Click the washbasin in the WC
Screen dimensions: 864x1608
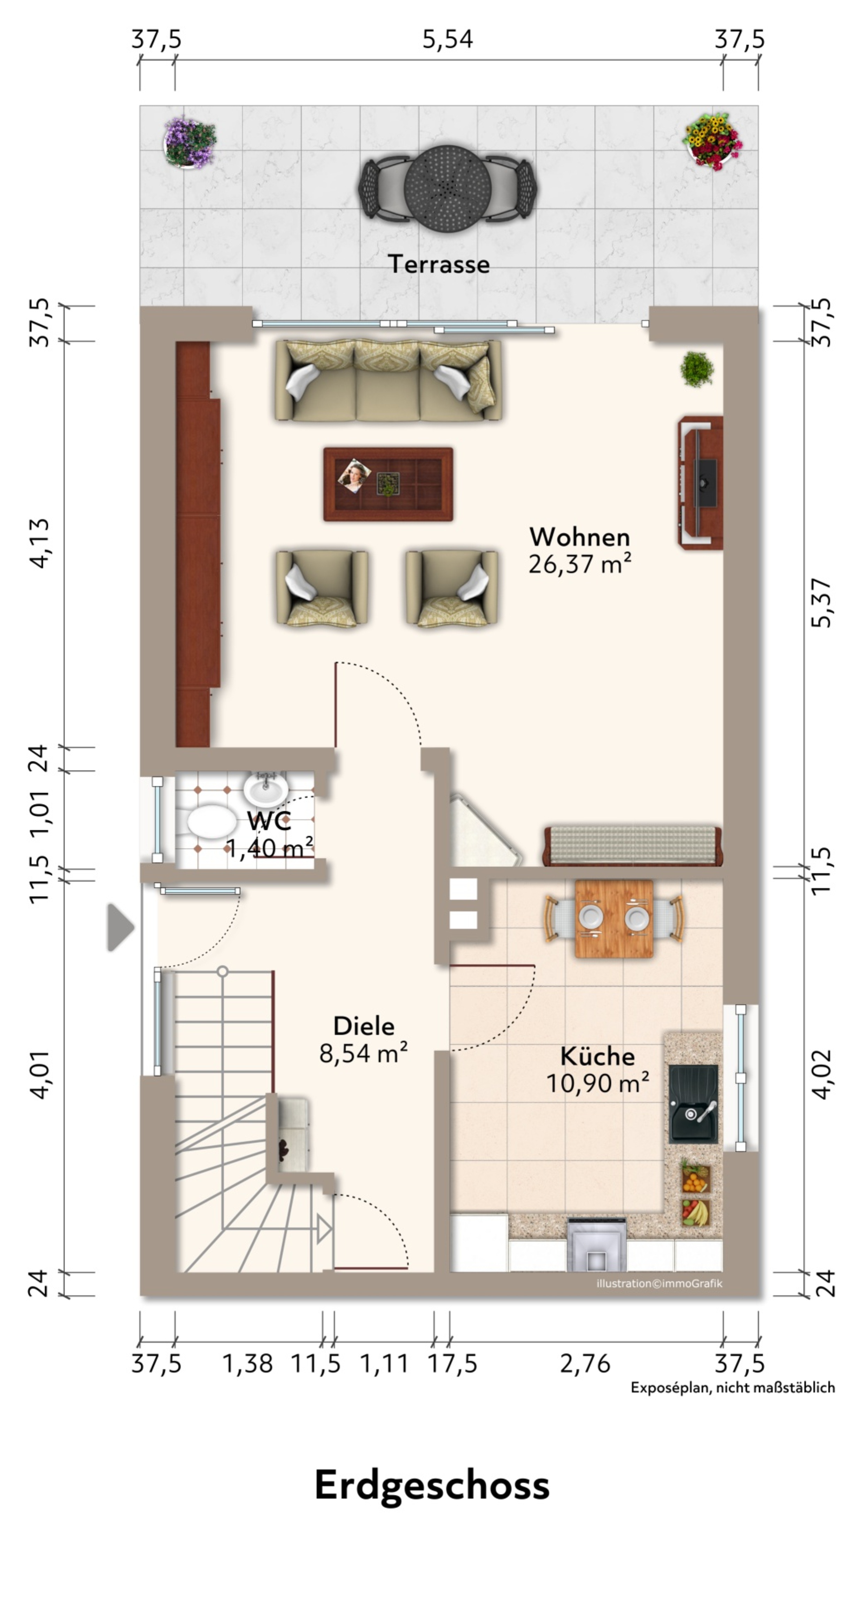coord(266,788)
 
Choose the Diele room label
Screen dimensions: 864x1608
coord(364,1025)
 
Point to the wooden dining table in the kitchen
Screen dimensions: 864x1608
coord(614,918)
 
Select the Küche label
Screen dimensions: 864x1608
coord(597,1056)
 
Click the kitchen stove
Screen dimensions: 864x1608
coord(595,1244)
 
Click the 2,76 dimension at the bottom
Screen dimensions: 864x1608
coord(585,1364)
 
